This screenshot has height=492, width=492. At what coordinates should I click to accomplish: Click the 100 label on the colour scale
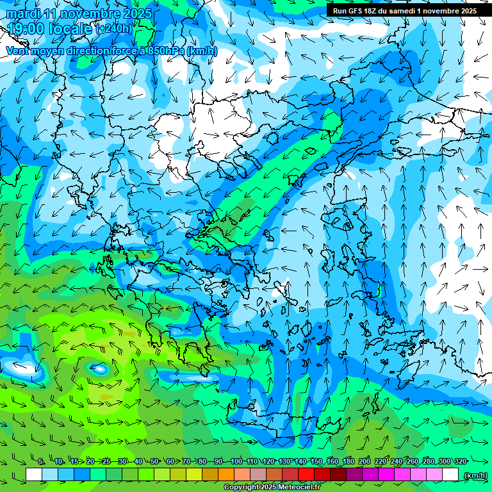236,461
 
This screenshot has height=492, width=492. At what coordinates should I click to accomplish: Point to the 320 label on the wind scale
461,461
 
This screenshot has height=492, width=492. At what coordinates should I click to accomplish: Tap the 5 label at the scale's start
41,461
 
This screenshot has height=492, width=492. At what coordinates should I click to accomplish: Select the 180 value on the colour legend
348,461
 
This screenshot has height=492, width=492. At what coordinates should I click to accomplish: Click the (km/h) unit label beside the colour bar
475,475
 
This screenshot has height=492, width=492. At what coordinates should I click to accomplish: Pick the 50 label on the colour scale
154,461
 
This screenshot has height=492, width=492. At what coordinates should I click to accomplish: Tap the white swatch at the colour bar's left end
34,474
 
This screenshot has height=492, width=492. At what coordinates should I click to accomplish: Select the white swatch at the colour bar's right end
450,474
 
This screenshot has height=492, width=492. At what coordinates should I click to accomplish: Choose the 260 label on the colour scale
413,461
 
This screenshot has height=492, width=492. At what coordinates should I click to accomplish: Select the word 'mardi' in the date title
20,13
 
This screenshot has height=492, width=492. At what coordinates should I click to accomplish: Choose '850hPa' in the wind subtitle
161,51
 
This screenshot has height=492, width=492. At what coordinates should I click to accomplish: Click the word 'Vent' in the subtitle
18,51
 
